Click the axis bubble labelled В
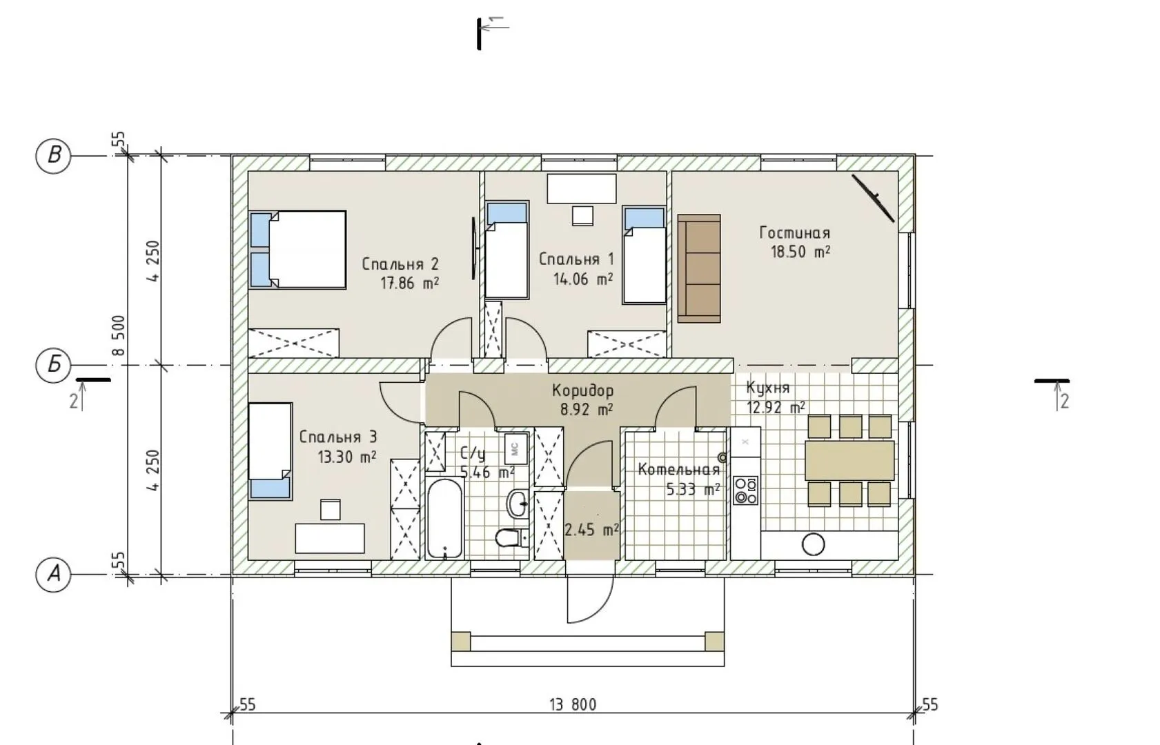tap(53, 155)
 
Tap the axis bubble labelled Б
tap(53, 365)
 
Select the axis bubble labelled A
tap(53, 574)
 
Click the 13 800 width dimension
tap(573, 704)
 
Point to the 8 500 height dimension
tap(119, 335)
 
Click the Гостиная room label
tap(794, 232)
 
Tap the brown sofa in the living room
tap(699, 268)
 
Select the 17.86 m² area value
tap(410, 284)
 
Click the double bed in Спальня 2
tap(297, 250)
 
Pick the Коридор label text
tap(582, 390)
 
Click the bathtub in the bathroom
tap(445, 519)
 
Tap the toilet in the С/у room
tap(511, 538)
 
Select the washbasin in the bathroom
tap(518, 503)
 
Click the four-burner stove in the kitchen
tap(746, 490)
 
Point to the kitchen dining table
tap(849, 460)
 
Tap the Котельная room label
tap(678, 470)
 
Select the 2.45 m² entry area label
tap(591, 530)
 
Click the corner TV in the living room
tap(873, 198)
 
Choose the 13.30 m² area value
tap(346, 457)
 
